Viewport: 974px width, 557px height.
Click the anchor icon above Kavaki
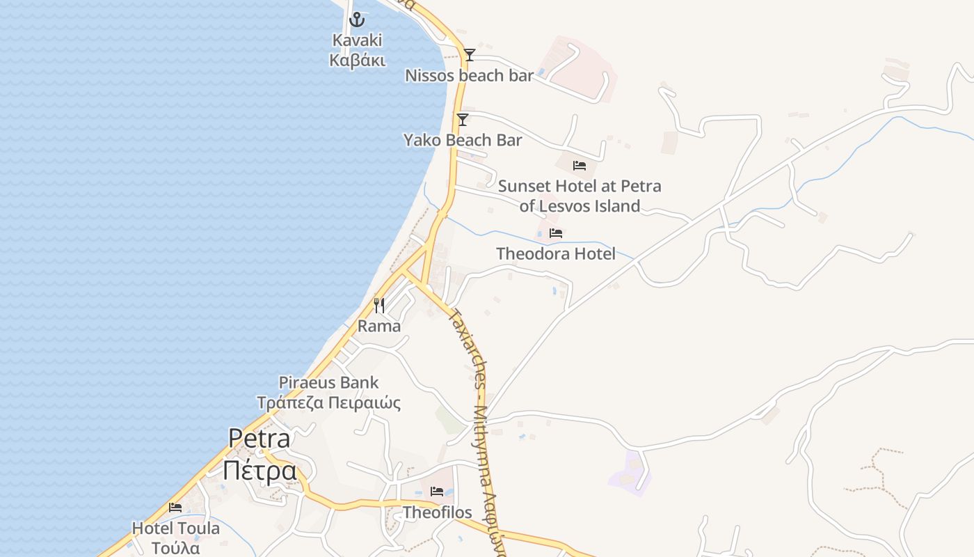357,19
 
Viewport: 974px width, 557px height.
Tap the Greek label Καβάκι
357,60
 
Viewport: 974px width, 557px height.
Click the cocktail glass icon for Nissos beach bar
470,55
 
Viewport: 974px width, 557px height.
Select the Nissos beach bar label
469,75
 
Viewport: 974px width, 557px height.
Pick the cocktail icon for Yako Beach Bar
463,120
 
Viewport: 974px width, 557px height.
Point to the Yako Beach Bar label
463,140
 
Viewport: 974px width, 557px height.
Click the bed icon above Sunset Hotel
580,166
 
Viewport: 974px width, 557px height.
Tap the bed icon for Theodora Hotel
556,233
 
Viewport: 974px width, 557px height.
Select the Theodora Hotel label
556,253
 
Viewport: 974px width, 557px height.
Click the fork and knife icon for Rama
379,305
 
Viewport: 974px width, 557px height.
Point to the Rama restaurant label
379,326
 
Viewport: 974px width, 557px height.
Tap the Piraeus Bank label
328,382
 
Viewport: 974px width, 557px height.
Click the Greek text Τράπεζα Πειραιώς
328,402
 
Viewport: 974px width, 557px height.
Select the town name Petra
260,439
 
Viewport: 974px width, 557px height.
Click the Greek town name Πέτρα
260,471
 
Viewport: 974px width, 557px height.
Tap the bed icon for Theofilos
437,492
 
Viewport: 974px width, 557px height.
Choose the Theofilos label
437,512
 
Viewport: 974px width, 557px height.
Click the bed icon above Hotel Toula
175,508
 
